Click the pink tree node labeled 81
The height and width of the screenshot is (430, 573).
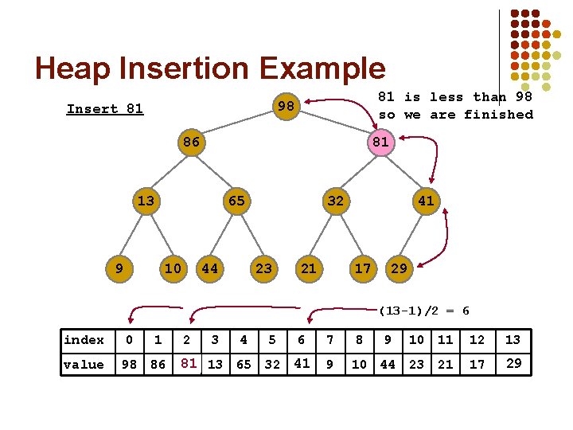click(380, 143)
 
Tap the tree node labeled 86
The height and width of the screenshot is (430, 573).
click(190, 143)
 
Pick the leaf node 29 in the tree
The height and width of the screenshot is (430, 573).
click(400, 268)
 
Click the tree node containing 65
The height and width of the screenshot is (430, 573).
click(236, 201)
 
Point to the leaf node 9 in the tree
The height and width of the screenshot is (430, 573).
click(119, 268)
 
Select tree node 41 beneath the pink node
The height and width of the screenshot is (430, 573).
click(426, 201)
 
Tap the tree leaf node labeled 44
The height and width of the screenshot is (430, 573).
click(209, 268)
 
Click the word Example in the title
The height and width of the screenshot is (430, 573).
click(320, 68)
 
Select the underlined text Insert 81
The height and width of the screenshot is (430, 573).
click(104, 109)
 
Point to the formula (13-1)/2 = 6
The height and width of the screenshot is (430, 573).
click(424, 311)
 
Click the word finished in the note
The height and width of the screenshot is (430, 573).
click(498, 115)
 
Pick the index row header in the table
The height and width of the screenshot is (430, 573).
click(84, 340)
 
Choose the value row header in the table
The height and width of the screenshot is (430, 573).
click(84, 365)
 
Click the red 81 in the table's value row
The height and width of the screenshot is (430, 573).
click(188, 364)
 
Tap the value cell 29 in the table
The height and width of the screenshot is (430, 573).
click(513, 364)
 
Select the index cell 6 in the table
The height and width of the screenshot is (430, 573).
click(302, 340)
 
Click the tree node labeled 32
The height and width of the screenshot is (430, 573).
click(335, 201)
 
